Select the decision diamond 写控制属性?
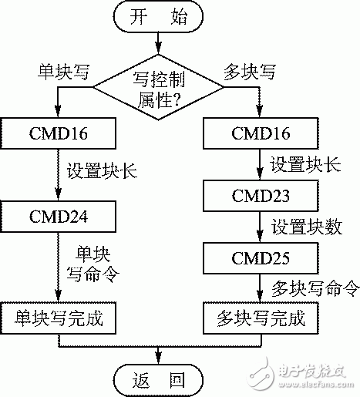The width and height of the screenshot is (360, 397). point(159,85)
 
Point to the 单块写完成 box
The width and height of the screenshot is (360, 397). point(59,317)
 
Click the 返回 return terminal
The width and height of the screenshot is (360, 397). point(159,379)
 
